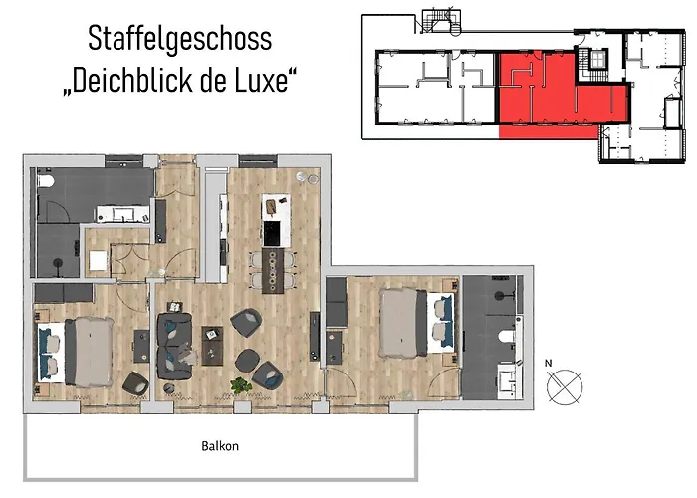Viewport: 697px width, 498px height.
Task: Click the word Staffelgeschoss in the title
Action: pos(179,40)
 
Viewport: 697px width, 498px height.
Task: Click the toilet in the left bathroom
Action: pos(46,187)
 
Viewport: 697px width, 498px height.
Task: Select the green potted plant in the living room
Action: pos(239,384)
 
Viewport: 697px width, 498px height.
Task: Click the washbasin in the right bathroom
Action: pos(507,377)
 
